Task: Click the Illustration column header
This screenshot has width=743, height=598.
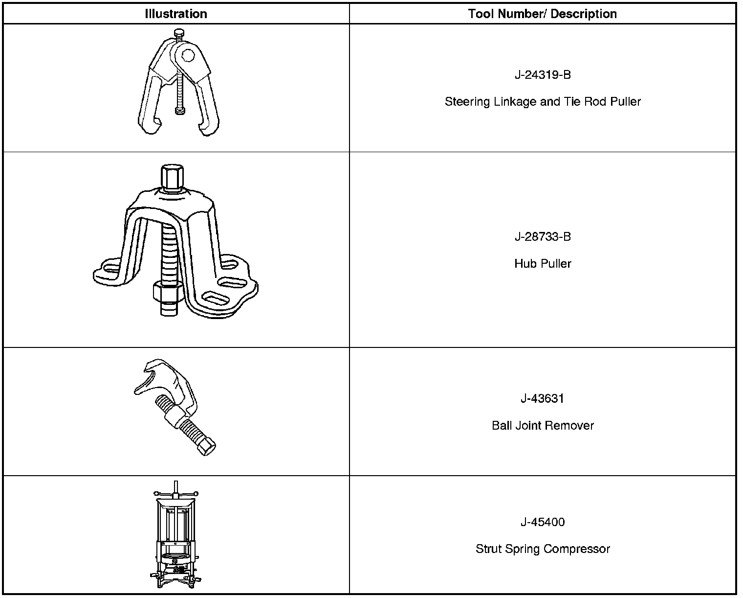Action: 176,14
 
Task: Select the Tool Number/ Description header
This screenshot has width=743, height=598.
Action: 542,14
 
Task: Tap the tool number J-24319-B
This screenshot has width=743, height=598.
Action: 543,75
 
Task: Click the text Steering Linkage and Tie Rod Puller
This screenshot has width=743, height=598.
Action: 543,102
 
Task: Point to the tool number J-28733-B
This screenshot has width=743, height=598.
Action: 543,237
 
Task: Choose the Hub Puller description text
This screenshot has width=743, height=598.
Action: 543,264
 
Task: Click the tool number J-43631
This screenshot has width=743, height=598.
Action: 543,398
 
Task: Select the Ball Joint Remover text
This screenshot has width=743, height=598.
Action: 543,425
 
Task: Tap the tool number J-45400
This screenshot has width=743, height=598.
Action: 543,522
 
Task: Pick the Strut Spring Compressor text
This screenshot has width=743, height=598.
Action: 543,549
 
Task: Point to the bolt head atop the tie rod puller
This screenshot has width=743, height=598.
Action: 179,33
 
